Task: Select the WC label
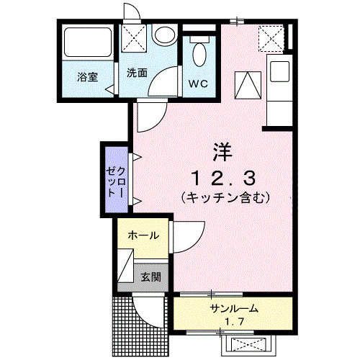[x=198, y=84]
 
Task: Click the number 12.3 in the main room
[x=222, y=177]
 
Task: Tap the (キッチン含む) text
[x=225, y=197]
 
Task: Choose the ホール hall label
[x=143, y=235]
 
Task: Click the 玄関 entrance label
[x=150, y=276]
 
